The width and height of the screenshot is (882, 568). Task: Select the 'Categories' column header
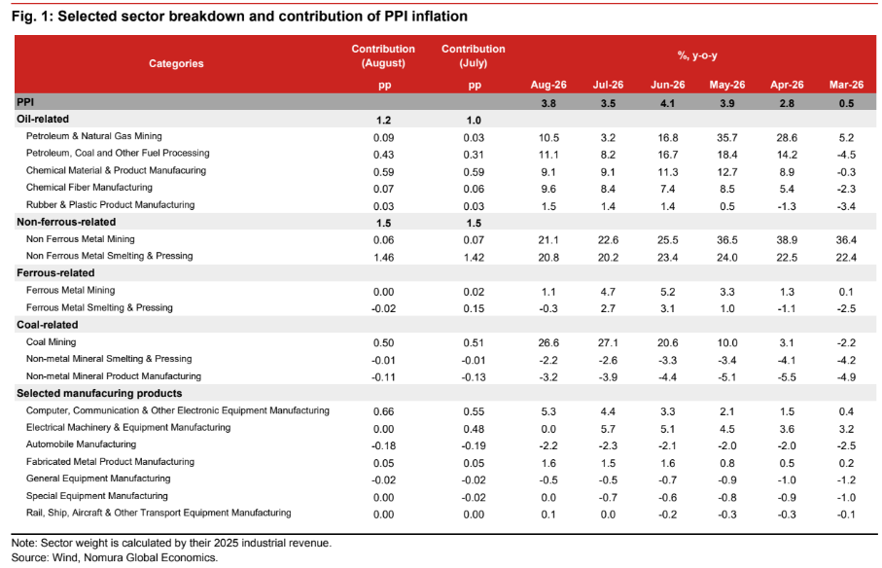(x=176, y=63)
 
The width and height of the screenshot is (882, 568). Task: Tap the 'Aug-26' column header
(x=548, y=85)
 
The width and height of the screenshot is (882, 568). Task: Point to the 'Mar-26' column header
(x=846, y=85)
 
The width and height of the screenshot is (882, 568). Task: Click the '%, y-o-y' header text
(x=697, y=55)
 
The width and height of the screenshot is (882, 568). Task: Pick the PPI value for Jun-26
(x=668, y=103)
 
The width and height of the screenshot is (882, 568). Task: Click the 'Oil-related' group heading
(x=43, y=120)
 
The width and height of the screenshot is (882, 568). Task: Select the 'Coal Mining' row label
(x=52, y=342)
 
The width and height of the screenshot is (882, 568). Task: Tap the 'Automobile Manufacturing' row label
(x=81, y=444)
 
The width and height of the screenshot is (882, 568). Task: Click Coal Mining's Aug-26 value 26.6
(x=548, y=343)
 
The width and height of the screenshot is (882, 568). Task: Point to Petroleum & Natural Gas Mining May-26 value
(x=727, y=138)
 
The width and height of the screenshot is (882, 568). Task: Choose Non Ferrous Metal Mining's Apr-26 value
(x=787, y=240)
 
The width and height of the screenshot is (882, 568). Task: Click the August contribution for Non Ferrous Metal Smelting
(x=383, y=258)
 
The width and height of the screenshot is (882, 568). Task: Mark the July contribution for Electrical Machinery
(x=474, y=429)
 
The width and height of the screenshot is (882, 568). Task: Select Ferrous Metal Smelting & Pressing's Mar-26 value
(x=846, y=308)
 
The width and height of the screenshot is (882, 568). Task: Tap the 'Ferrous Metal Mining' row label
(x=70, y=290)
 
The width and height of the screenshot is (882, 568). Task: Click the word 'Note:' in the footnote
(x=24, y=544)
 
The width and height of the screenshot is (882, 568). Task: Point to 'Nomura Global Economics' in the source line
(x=150, y=558)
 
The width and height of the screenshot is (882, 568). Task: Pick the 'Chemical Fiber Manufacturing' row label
(x=88, y=188)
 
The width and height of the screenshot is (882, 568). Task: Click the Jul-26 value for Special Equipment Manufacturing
(x=608, y=498)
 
